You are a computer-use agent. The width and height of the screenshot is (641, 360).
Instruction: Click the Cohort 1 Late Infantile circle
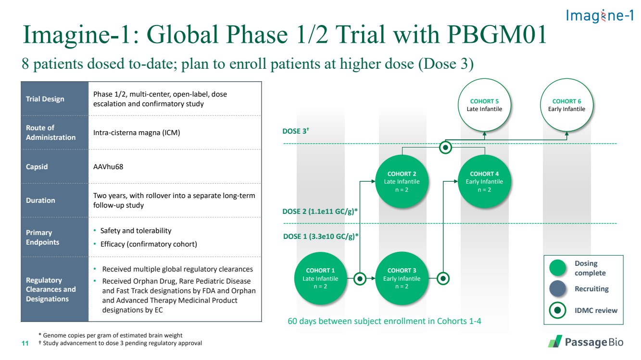(x=320, y=278)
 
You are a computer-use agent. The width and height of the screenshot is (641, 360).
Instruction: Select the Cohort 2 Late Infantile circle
(x=402, y=181)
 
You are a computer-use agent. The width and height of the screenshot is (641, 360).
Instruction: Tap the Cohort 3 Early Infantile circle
(x=402, y=278)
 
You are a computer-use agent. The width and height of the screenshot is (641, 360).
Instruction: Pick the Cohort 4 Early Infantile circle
(x=484, y=181)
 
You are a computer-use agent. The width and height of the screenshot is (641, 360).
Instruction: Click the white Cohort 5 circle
(x=484, y=105)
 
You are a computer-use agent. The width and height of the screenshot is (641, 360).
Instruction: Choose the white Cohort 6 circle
(x=566, y=105)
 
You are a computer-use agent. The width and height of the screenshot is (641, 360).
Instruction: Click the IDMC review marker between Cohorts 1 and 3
(x=360, y=278)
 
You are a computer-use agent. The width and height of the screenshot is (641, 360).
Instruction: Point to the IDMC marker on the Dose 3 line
(x=446, y=148)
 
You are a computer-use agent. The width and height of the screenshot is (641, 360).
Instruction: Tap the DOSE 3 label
(x=296, y=131)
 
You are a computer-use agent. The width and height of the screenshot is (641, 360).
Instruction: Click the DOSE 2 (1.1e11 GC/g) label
(x=320, y=211)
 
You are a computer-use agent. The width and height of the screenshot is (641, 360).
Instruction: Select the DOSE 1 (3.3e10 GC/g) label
(x=320, y=236)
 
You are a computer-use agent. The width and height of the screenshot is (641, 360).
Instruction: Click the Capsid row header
(x=37, y=167)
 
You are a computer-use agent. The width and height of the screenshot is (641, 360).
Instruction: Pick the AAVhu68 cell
(x=108, y=167)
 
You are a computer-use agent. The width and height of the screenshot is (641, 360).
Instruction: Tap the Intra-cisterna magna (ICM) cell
(x=137, y=133)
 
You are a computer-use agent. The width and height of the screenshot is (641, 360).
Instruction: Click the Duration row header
(x=40, y=200)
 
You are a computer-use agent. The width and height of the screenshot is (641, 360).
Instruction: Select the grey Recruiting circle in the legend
(x=557, y=289)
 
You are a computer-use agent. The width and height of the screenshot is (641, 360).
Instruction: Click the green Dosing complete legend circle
(x=557, y=268)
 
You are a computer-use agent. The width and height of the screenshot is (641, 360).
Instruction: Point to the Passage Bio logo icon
(x=555, y=341)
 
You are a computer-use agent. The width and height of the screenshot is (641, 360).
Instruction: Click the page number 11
(x=25, y=343)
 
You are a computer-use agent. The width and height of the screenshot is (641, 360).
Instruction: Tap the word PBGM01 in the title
(x=497, y=35)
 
